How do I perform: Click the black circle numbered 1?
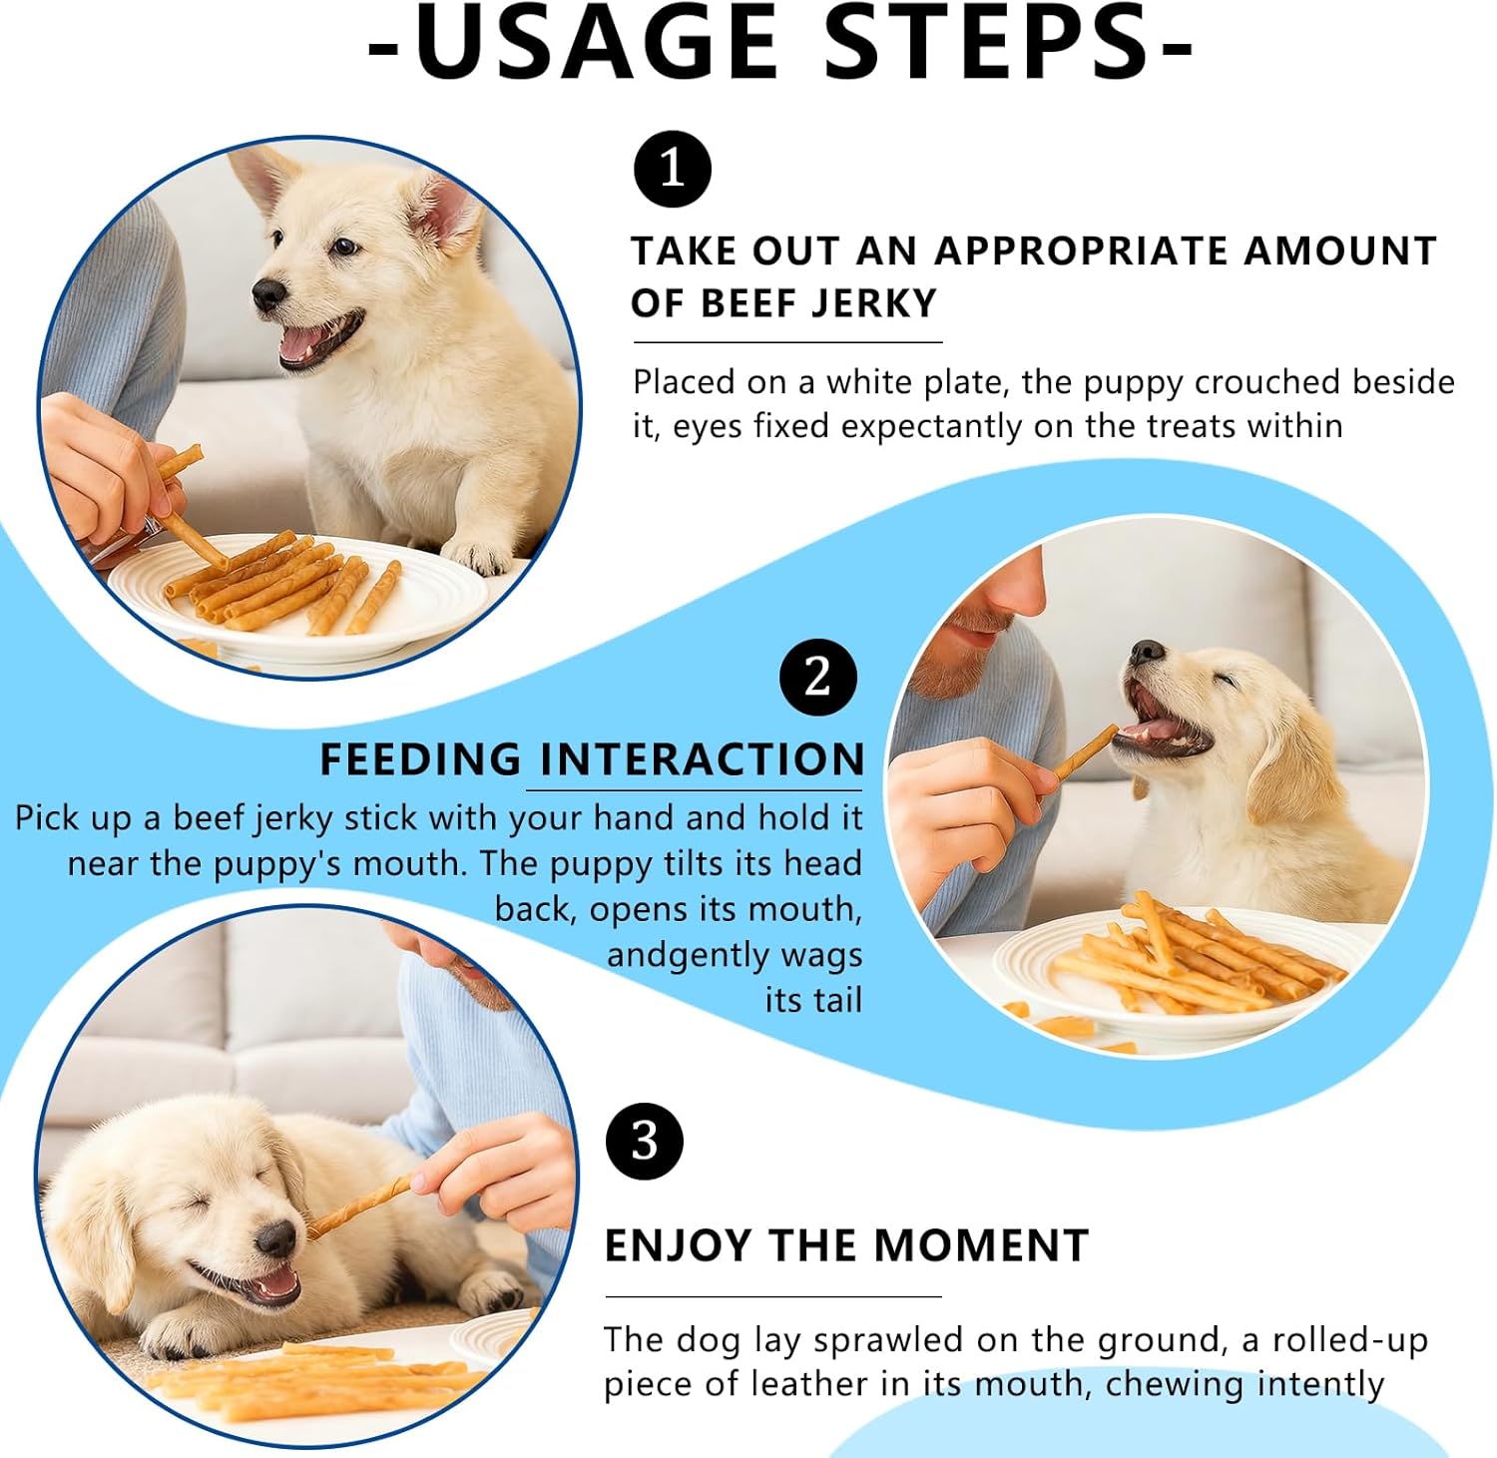point(673,169)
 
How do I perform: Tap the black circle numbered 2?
point(818,678)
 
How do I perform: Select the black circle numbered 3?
point(645,1141)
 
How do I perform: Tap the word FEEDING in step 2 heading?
point(420,759)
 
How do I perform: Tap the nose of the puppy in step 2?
point(1148,652)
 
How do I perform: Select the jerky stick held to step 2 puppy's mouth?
point(1086,752)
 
